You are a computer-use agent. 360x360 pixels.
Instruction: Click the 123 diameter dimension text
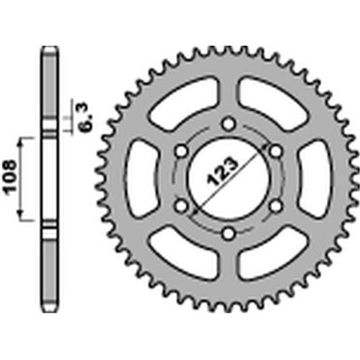click(221, 170)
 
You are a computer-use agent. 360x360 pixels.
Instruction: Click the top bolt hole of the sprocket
click(229, 123)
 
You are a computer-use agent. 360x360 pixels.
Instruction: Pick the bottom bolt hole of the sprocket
click(229, 233)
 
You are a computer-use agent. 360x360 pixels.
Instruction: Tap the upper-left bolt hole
click(181, 151)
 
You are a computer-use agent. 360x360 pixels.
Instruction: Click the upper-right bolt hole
click(276, 151)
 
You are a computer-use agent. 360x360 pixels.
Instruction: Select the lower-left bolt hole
click(181, 206)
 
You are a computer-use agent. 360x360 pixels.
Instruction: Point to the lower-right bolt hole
click(276, 206)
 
